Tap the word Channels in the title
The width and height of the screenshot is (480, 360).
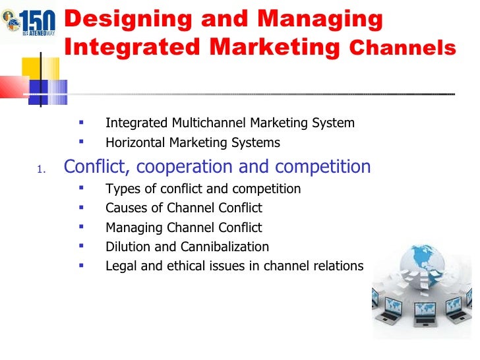coord(402,48)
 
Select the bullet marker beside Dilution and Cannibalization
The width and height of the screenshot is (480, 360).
coord(81,246)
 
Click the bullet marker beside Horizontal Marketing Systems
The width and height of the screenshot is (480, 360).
coord(81,141)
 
